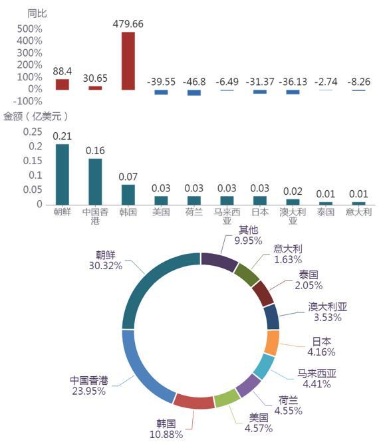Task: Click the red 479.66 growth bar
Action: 128,61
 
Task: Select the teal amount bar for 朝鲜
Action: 63,175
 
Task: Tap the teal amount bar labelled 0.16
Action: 95,182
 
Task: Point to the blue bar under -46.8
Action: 194,92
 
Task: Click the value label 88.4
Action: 63,71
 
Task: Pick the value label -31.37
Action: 260,82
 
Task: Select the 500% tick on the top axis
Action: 30,29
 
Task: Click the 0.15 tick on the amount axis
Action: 33,161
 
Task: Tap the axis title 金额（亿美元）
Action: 36,116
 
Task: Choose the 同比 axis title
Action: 37,13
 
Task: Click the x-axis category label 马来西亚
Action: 227,216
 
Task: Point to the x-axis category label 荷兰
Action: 194,212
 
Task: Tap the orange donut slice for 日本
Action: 272,343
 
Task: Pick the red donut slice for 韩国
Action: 194,401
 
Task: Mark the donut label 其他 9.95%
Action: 248,235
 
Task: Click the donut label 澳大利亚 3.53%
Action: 327,312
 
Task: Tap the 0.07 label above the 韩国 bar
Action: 128,177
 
